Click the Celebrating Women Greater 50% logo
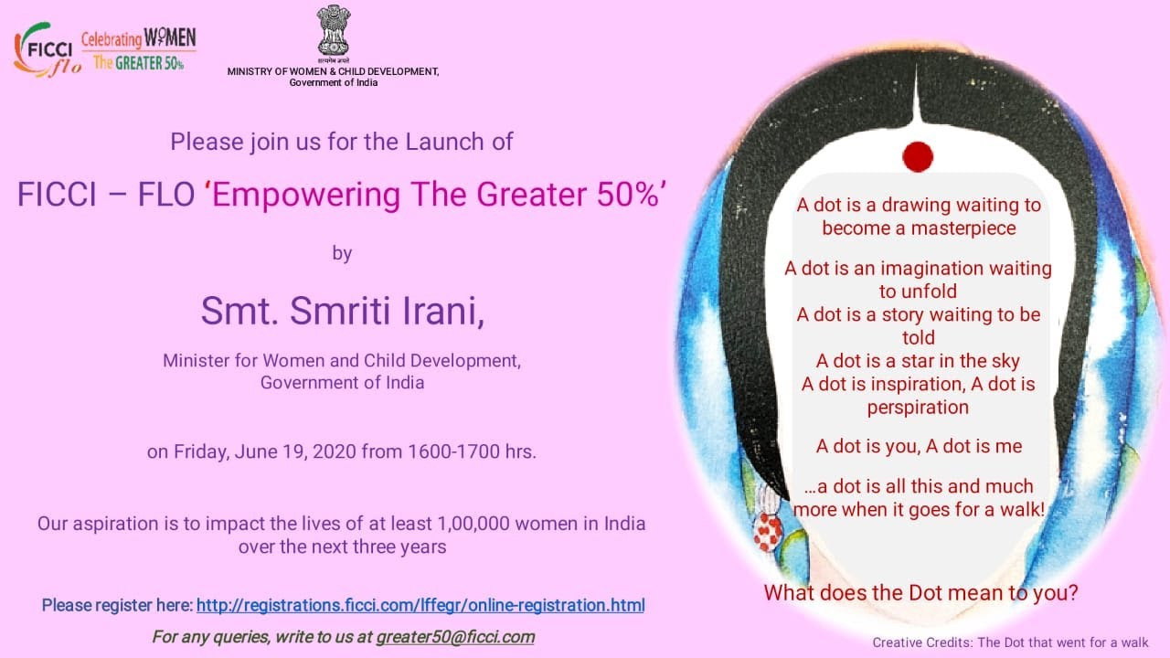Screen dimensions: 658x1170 pyautogui.click(x=139, y=50)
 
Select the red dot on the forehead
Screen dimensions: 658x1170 pyautogui.click(x=917, y=156)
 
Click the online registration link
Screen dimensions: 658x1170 pyautogui.click(x=420, y=605)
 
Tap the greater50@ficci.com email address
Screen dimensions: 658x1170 pyautogui.click(x=455, y=637)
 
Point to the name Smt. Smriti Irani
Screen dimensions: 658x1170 pyautogui.click(x=342, y=311)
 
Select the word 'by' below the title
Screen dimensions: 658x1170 pyautogui.click(x=342, y=253)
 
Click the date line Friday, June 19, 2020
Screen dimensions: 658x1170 pyautogui.click(x=342, y=451)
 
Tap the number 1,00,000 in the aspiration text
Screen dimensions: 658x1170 pyautogui.click(x=484, y=525)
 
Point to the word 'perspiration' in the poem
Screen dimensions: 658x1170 pyautogui.click(x=918, y=407)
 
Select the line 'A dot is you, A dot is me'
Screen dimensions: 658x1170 pyautogui.click(x=918, y=446)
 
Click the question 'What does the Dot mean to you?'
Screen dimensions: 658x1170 pyautogui.click(x=920, y=592)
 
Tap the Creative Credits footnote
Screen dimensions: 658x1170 pyautogui.click(x=1010, y=642)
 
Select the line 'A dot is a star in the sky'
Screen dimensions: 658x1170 pyautogui.click(x=918, y=361)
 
